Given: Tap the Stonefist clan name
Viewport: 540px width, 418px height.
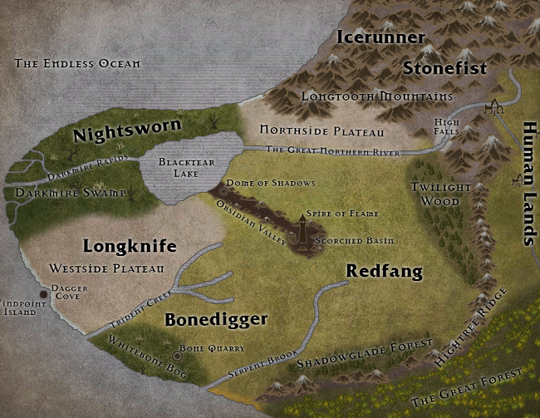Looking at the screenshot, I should coord(444,68).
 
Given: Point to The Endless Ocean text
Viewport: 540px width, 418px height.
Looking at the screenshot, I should coord(77,63).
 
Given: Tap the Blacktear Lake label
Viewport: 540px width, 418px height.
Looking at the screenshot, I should coord(181,170).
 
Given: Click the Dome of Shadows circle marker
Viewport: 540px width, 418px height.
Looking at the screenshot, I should coord(222,190).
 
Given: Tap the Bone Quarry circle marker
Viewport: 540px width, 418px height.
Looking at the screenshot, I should coord(177,356).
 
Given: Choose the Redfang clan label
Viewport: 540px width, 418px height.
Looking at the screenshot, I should coord(384,271).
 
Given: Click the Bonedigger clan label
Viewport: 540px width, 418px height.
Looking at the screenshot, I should coord(215,319).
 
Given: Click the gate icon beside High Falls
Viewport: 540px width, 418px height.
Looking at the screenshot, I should coord(491,106).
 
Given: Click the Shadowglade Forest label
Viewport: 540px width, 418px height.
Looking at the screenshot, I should coord(366,356).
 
